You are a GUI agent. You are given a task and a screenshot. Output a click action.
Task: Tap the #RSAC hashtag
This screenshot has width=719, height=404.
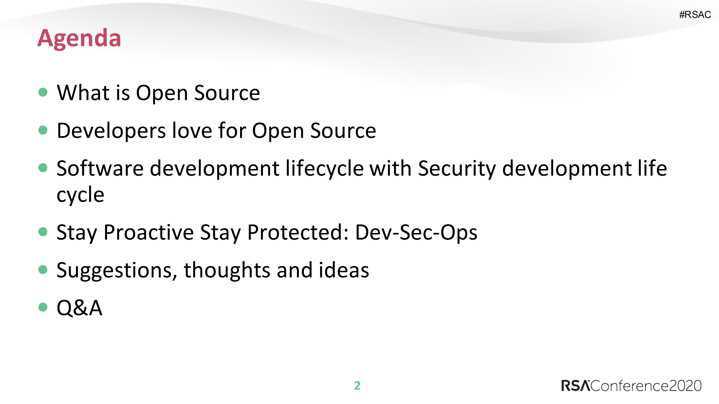coord(695,15)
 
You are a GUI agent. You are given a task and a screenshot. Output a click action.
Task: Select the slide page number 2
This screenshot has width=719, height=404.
coord(357,386)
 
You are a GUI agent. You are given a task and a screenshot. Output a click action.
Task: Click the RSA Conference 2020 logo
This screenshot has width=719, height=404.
coord(631,386)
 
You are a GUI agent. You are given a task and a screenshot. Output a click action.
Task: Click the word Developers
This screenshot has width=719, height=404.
coord(111,131)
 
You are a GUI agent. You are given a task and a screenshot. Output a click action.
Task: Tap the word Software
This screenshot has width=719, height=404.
coord(100,168)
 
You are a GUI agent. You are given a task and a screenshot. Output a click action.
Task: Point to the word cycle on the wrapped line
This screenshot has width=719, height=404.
coord(80,195)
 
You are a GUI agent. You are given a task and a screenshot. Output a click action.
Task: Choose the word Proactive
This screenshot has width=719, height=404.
coord(149,232)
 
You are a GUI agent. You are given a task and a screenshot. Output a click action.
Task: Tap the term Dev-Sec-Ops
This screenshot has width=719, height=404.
coord(416,232)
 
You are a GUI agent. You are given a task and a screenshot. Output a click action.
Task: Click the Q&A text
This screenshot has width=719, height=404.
coord(80,308)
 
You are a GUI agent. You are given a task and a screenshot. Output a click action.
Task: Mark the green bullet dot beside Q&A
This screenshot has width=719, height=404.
coord(43,307)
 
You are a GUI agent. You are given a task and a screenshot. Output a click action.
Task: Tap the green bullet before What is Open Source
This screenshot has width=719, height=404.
coord(43,92)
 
